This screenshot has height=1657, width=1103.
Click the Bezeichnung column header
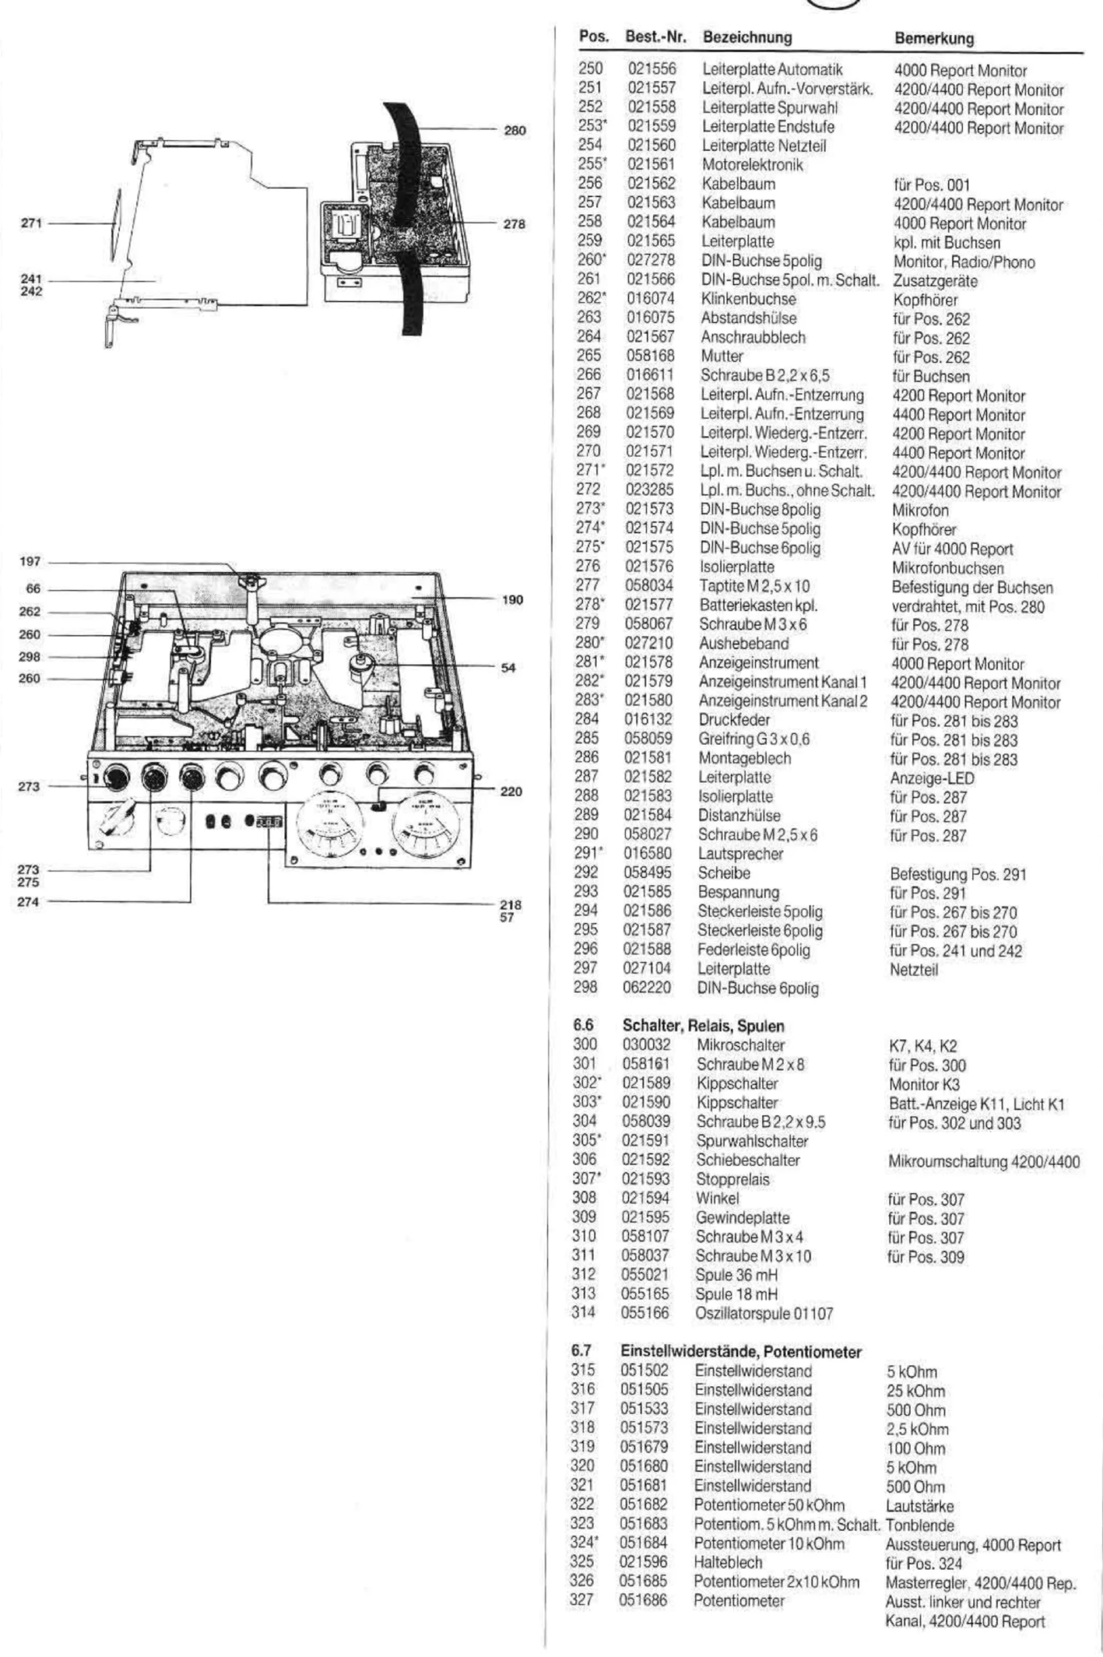coord(747,37)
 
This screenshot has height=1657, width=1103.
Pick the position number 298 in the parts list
coord(585,987)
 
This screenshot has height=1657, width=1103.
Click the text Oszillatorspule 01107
coord(764,1313)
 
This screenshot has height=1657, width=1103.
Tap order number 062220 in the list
coord(647,987)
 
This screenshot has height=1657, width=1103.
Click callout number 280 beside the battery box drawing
coord(515,130)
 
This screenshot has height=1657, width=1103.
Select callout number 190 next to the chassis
coord(513,600)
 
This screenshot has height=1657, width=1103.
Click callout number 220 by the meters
coord(511,792)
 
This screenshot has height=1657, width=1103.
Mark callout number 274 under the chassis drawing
coord(28,902)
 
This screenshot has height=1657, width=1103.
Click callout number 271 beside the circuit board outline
coord(31,224)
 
